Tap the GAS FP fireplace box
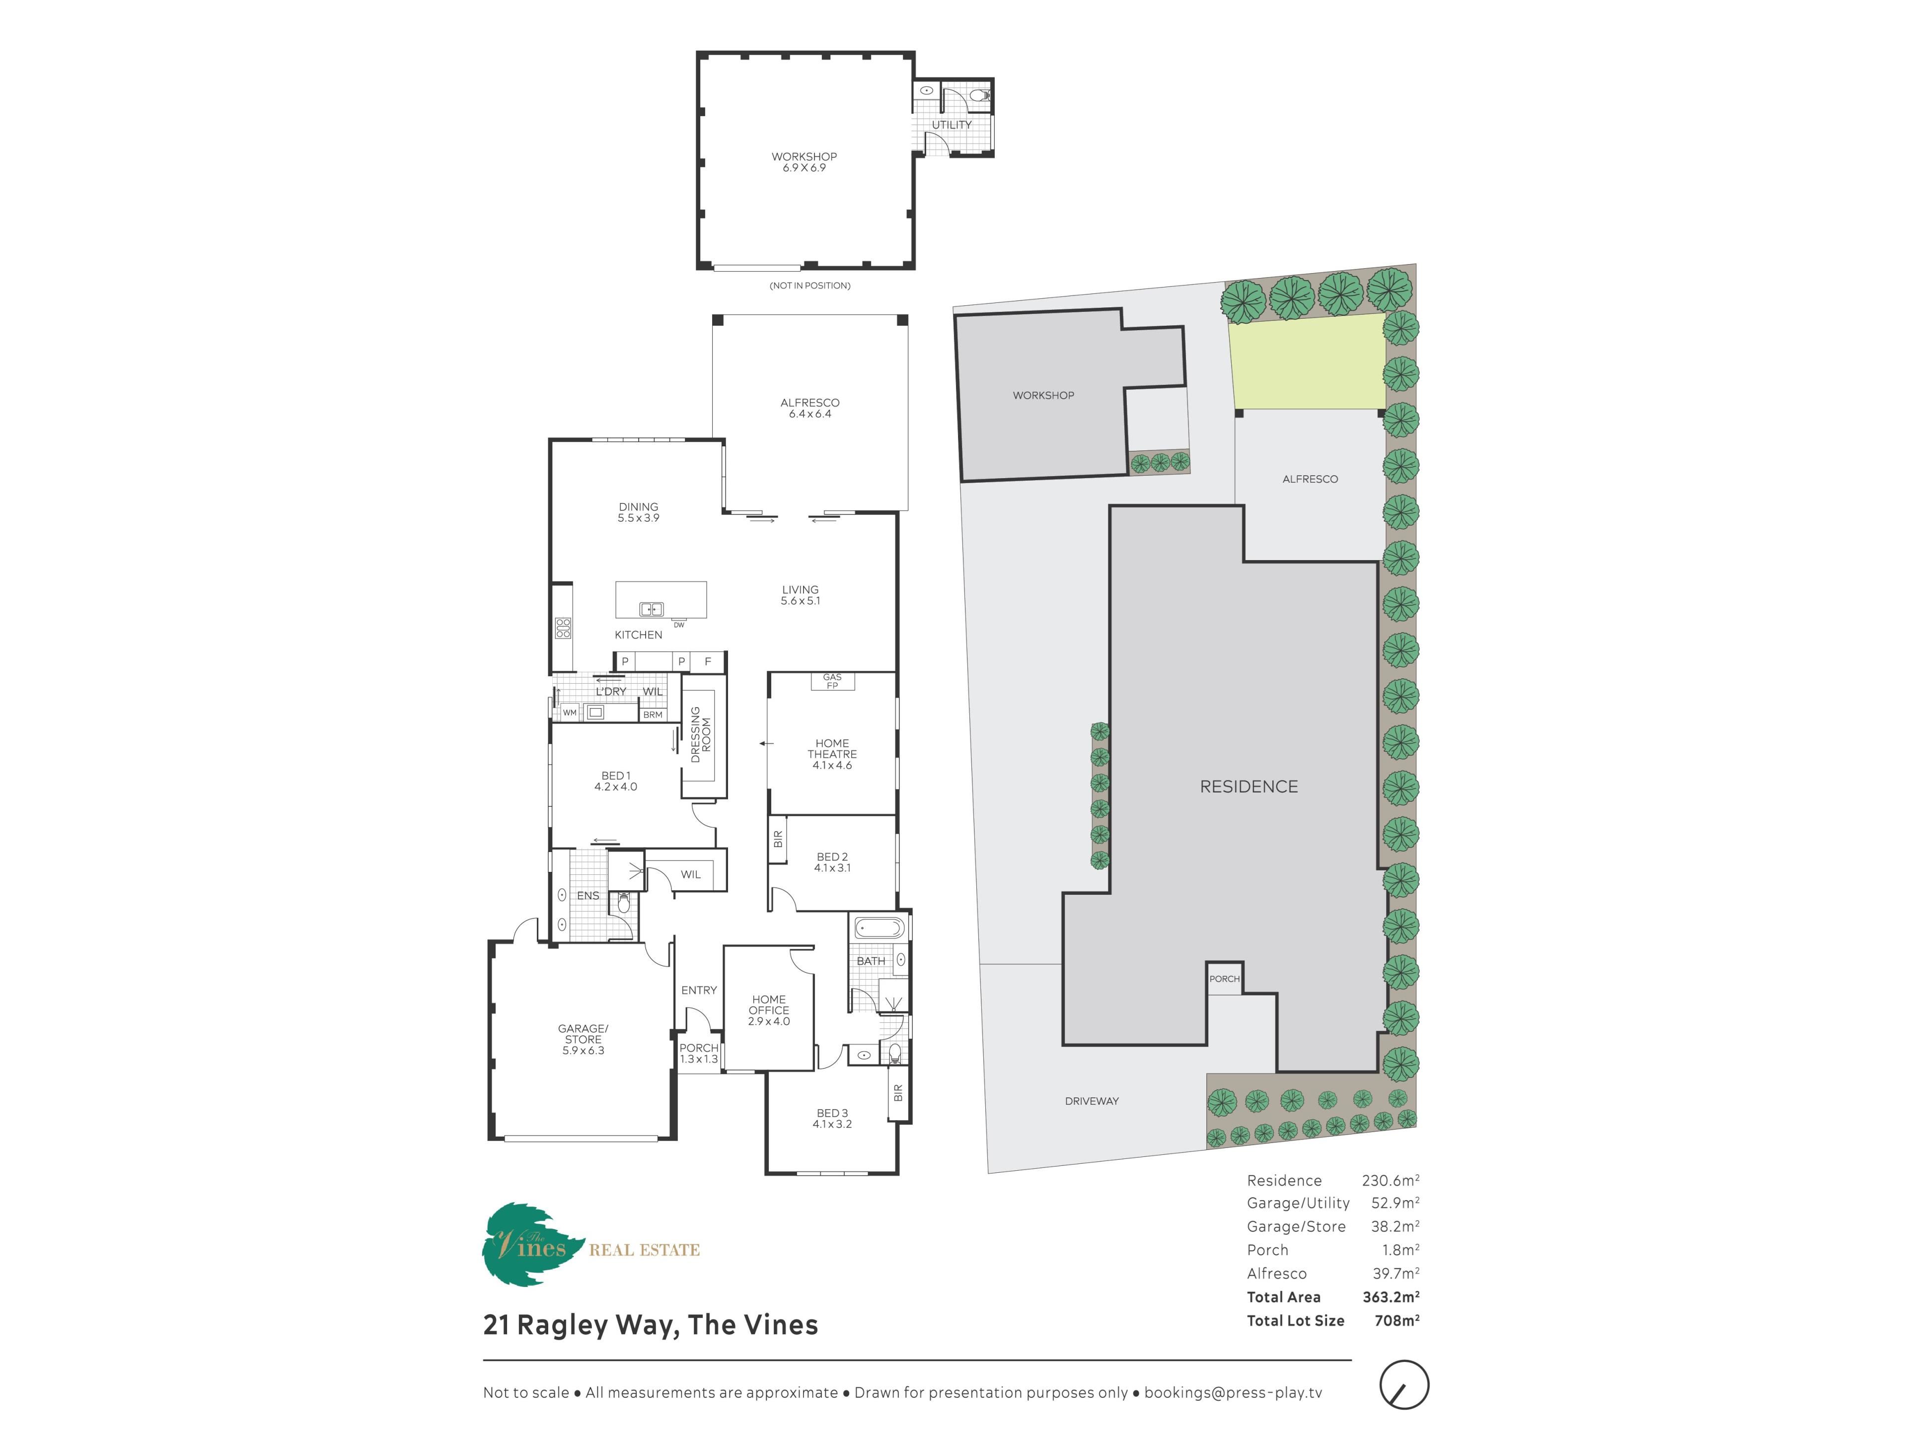click(x=832, y=681)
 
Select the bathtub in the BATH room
click(x=880, y=929)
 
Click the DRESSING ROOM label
click(x=701, y=734)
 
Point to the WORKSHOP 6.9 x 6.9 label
click(x=804, y=162)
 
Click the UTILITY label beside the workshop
click(x=951, y=125)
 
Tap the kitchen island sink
click(x=651, y=609)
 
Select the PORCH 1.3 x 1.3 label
click(x=698, y=1053)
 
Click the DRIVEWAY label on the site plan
click(x=1092, y=1101)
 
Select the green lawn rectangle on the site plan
click(x=1307, y=361)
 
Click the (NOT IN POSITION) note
click(x=809, y=286)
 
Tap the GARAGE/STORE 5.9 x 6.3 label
click(x=583, y=1040)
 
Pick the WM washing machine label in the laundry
click(x=570, y=713)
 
